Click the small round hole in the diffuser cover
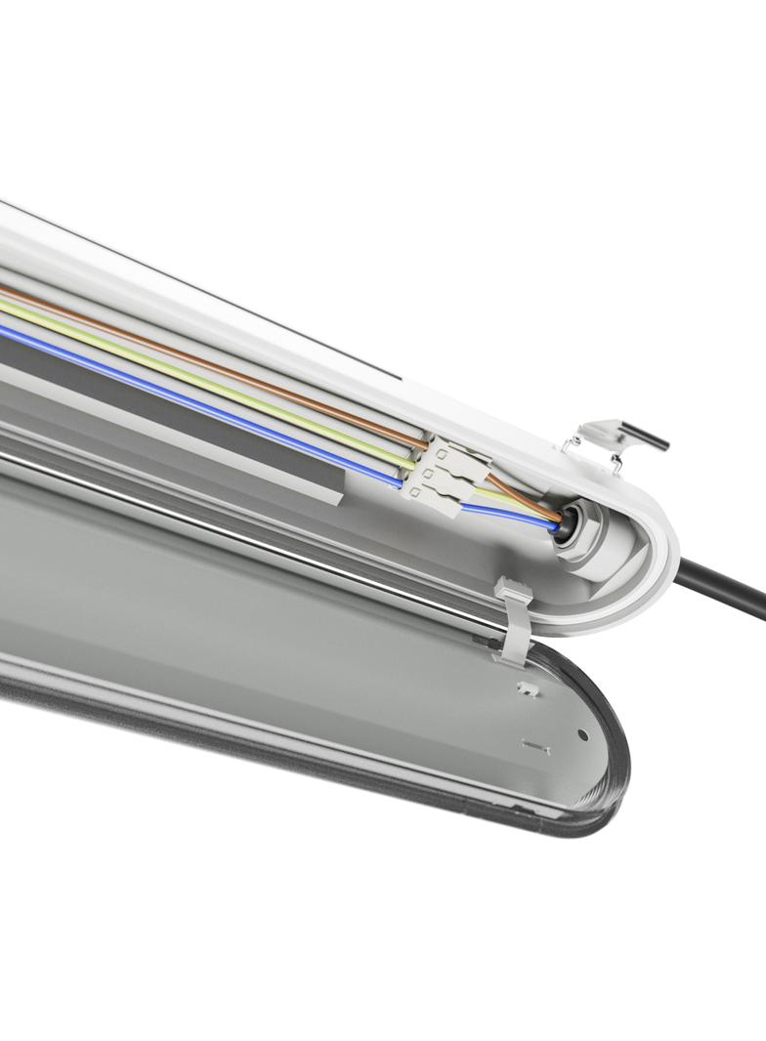click(x=582, y=733)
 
